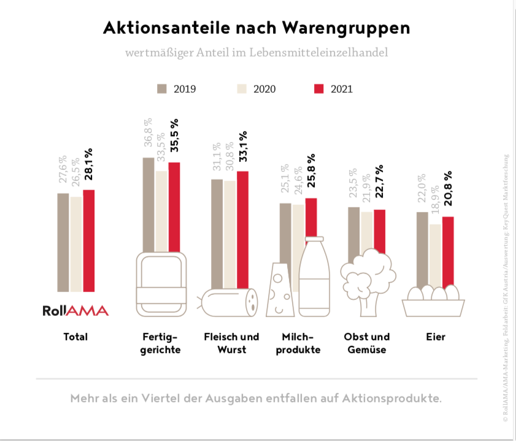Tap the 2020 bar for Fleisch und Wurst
click(229, 234)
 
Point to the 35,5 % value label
click(175, 136)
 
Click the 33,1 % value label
click(243, 147)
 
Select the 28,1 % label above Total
click(89, 164)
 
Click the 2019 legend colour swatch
click(162, 88)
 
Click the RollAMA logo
click(75, 310)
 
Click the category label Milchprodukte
click(301, 343)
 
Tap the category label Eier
click(436, 337)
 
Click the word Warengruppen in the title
click(347, 28)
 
